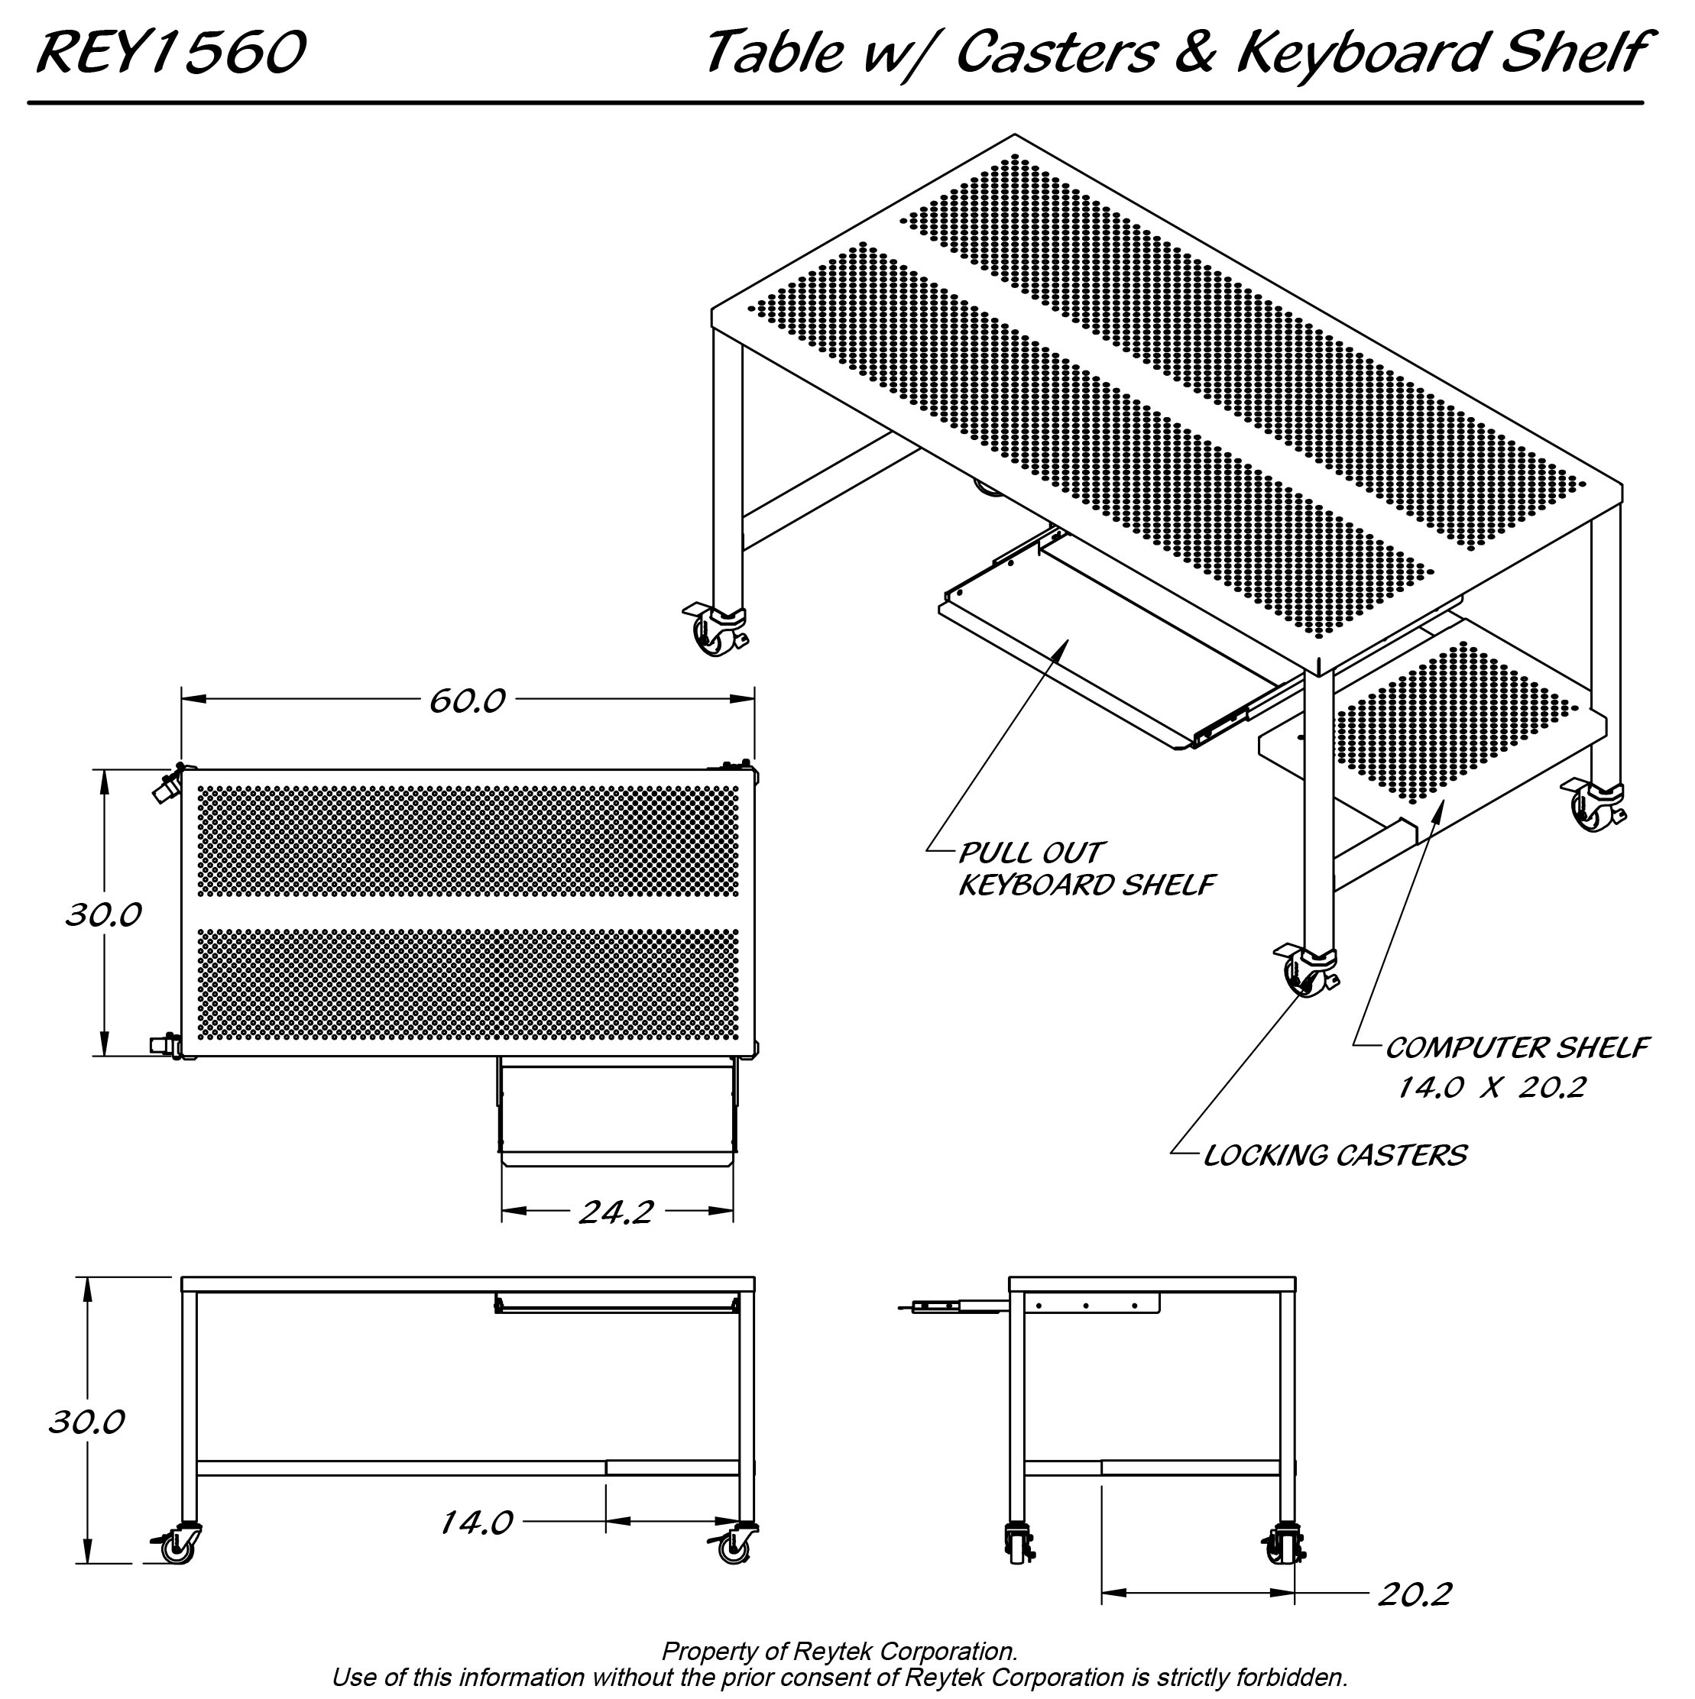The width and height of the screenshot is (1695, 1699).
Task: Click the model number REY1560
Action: click(170, 52)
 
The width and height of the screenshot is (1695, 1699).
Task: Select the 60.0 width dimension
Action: click(466, 701)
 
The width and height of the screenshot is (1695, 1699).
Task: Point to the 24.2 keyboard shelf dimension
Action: click(616, 1212)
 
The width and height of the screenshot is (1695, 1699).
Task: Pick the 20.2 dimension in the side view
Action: click(1414, 1619)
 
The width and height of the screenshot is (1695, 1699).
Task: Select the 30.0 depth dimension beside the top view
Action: click(103, 915)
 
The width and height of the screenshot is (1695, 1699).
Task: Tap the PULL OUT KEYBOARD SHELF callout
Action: click(1084, 868)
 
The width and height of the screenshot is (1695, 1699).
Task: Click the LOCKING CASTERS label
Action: click(1334, 1154)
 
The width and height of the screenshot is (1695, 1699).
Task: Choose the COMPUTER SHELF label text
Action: click(1515, 1047)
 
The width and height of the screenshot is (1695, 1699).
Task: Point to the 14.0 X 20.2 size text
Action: click(1492, 1088)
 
